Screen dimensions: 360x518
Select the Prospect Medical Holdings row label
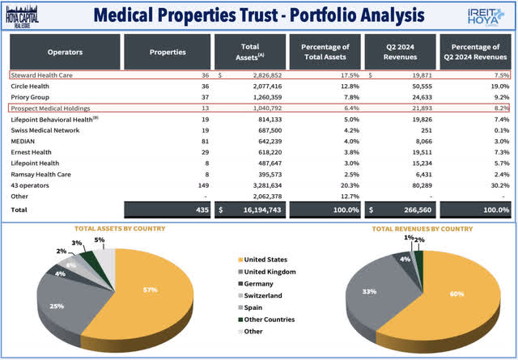[55, 108]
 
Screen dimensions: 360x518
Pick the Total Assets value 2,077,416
[257, 86]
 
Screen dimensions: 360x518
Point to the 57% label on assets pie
[147, 289]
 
